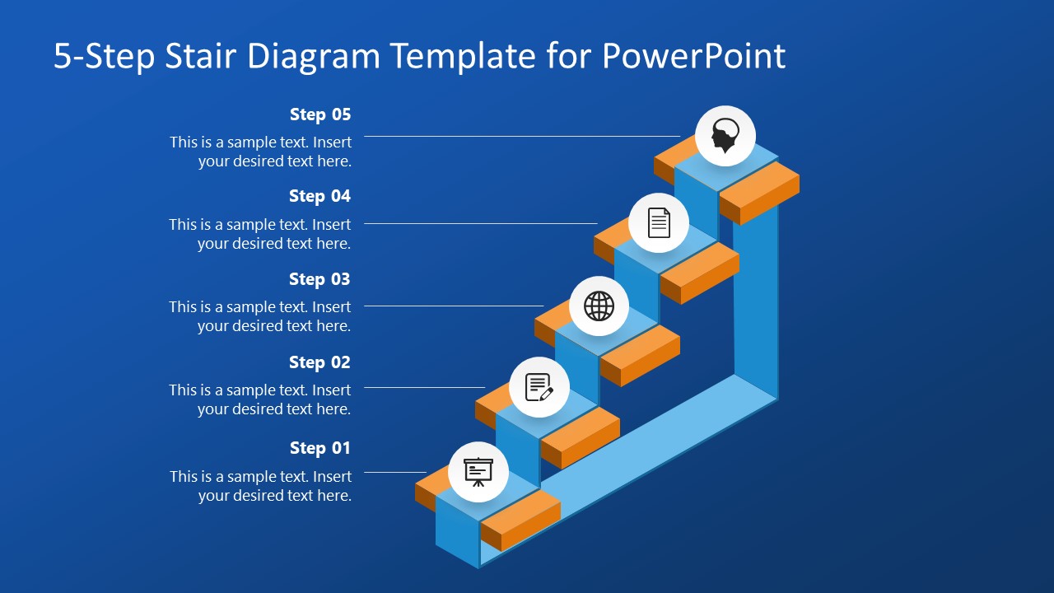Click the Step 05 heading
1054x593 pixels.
click(320, 114)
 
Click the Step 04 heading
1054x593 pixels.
click(319, 196)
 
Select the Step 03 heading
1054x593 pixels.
click(319, 279)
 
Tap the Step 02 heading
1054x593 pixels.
click(319, 362)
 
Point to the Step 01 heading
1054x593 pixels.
click(320, 448)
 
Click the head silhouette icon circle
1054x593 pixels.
click(725, 136)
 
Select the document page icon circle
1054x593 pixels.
click(659, 222)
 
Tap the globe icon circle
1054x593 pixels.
click(599, 306)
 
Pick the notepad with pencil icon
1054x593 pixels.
click(539, 387)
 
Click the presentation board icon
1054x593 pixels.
click(478, 472)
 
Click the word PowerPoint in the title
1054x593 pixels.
click(693, 56)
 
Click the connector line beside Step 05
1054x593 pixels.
click(522, 136)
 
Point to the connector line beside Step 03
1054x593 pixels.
click(454, 306)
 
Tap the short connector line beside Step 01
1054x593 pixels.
click(395, 472)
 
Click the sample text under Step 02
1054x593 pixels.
click(260, 399)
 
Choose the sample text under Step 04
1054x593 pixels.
click(260, 234)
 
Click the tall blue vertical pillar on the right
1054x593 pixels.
click(756, 305)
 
